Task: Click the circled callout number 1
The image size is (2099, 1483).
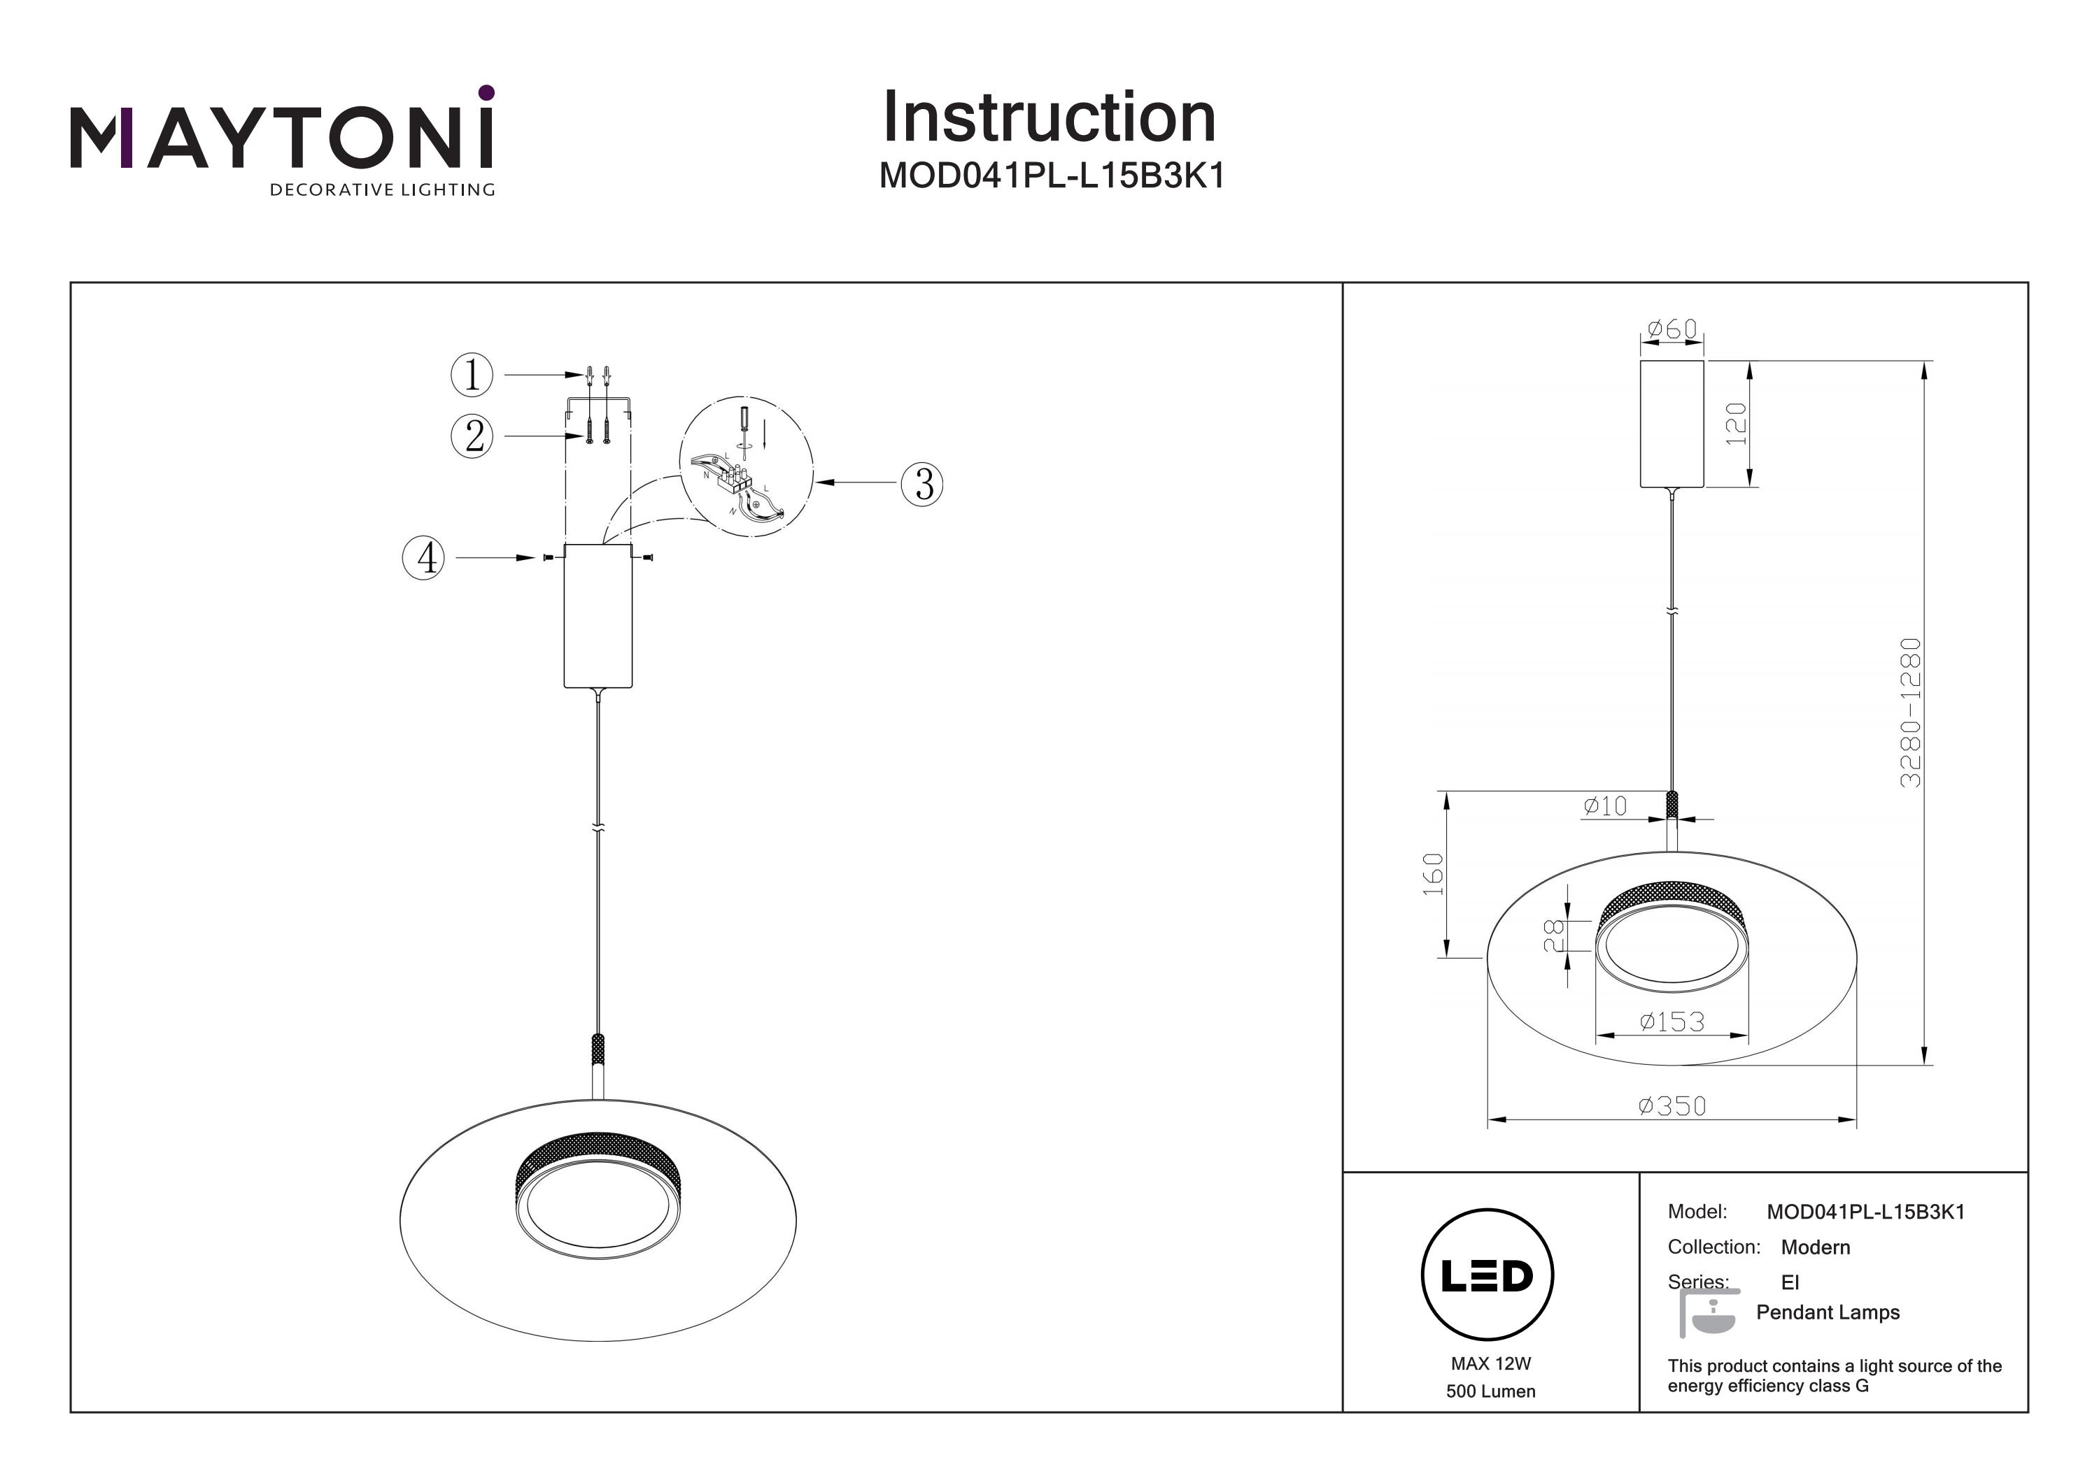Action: click(472, 375)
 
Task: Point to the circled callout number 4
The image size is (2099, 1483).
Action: click(424, 557)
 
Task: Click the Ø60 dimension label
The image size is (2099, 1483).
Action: click(1672, 329)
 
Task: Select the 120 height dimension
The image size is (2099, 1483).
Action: click(1735, 424)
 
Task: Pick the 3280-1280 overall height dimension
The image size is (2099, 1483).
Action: click(1911, 712)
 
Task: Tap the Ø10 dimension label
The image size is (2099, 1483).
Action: click(1605, 806)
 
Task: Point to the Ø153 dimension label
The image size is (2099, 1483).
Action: click(1672, 1022)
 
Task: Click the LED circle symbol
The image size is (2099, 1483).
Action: click(1487, 1275)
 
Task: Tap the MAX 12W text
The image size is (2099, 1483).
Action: click(1490, 1364)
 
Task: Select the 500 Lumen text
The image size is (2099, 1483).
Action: click(1490, 1391)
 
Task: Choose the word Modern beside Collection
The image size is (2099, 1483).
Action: click(1815, 1247)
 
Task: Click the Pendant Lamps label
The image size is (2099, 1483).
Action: click(1828, 1312)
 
